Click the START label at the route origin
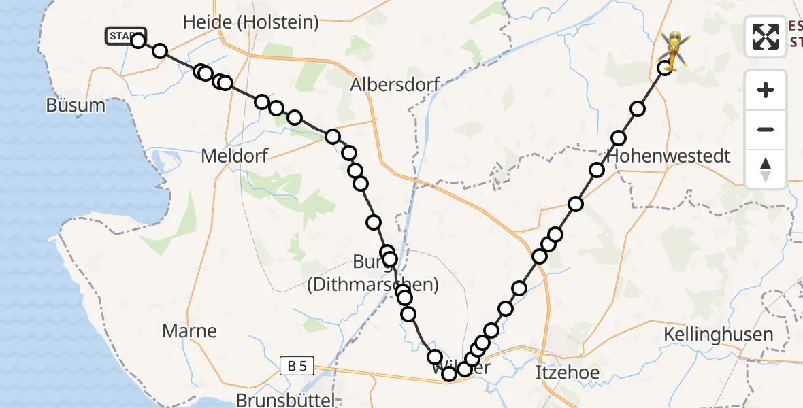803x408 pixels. pos(125,36)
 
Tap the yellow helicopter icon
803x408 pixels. pos(673,49)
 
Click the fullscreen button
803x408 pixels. pos(766,37)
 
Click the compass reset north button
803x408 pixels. pos(766,169)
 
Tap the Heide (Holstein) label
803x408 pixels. pos(250,22)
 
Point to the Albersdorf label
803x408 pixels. pos(395,85)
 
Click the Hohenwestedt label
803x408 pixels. pos(670,156)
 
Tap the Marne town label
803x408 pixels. pos(189,331)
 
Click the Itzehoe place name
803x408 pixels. pos(567,373)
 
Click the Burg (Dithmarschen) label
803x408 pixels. pos(372,273)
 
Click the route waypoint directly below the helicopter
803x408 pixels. pos(664,68)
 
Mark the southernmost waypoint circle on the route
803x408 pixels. pos(449,374)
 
